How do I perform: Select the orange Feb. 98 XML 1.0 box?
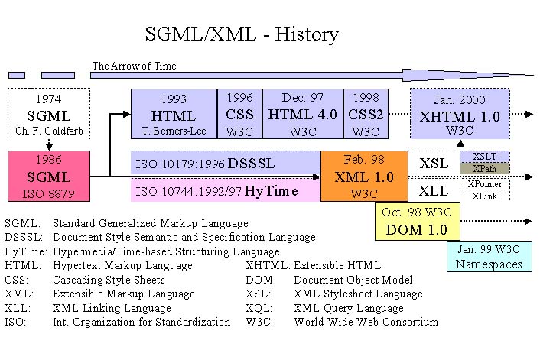pos(364,176)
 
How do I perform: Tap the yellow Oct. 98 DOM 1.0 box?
pos(416,221)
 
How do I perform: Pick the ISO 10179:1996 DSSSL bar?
pos(225,163)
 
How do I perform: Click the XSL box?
pos(434,163)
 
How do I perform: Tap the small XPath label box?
pos(484,168)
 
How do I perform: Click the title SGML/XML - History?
pos(241,35)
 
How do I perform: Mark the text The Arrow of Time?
pos(134,66)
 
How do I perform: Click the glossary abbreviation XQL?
pos(259,308)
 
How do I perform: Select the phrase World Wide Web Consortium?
pos(366,322)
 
